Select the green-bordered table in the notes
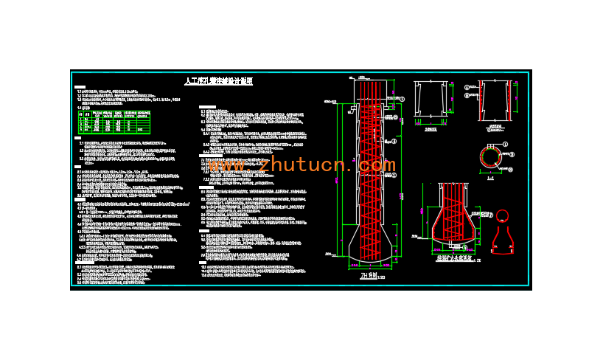pyautogui.click(x=114, y=122)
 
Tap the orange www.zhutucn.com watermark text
pyautogui.click(x=302, y=165)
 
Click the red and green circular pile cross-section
pyautogui.click(x=490, y=156)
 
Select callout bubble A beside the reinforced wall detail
pyautogui.click(x=467, y=87)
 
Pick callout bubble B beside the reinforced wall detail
pyautogui.click(x=467, y=95)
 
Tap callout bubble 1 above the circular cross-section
pyautogui.click(x=506, y=144)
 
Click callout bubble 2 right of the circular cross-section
pyautogui.click(x=512, y=155)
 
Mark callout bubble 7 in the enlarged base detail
pyautogui.click(x=491, y=215)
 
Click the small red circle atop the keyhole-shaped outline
pyautogui.click(x=502, y=215)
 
